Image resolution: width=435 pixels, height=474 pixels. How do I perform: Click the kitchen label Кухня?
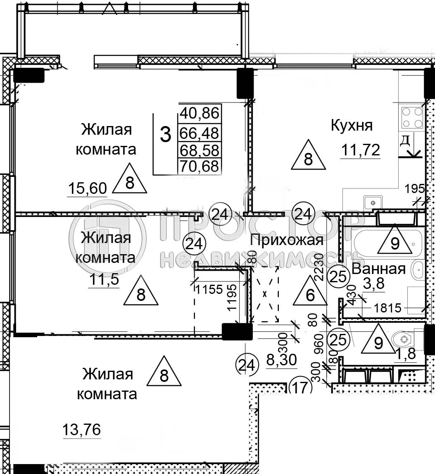352,125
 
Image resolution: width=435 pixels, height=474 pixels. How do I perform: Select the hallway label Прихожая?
287,240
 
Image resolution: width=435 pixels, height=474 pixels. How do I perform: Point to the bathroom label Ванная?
378,269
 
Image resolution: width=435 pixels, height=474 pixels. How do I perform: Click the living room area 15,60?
87,188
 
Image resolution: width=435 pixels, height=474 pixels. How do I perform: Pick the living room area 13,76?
81,430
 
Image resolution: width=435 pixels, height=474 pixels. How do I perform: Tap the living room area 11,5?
104,280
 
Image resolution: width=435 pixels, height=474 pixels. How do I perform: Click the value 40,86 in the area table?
200,113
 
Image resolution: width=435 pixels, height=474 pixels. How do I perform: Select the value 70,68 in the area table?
200,167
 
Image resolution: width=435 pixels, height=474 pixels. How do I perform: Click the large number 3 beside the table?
165,135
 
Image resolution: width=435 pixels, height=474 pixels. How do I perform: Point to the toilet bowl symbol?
403,340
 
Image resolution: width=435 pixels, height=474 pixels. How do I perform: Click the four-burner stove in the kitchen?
411,117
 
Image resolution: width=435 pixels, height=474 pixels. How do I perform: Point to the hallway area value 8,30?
281,360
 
